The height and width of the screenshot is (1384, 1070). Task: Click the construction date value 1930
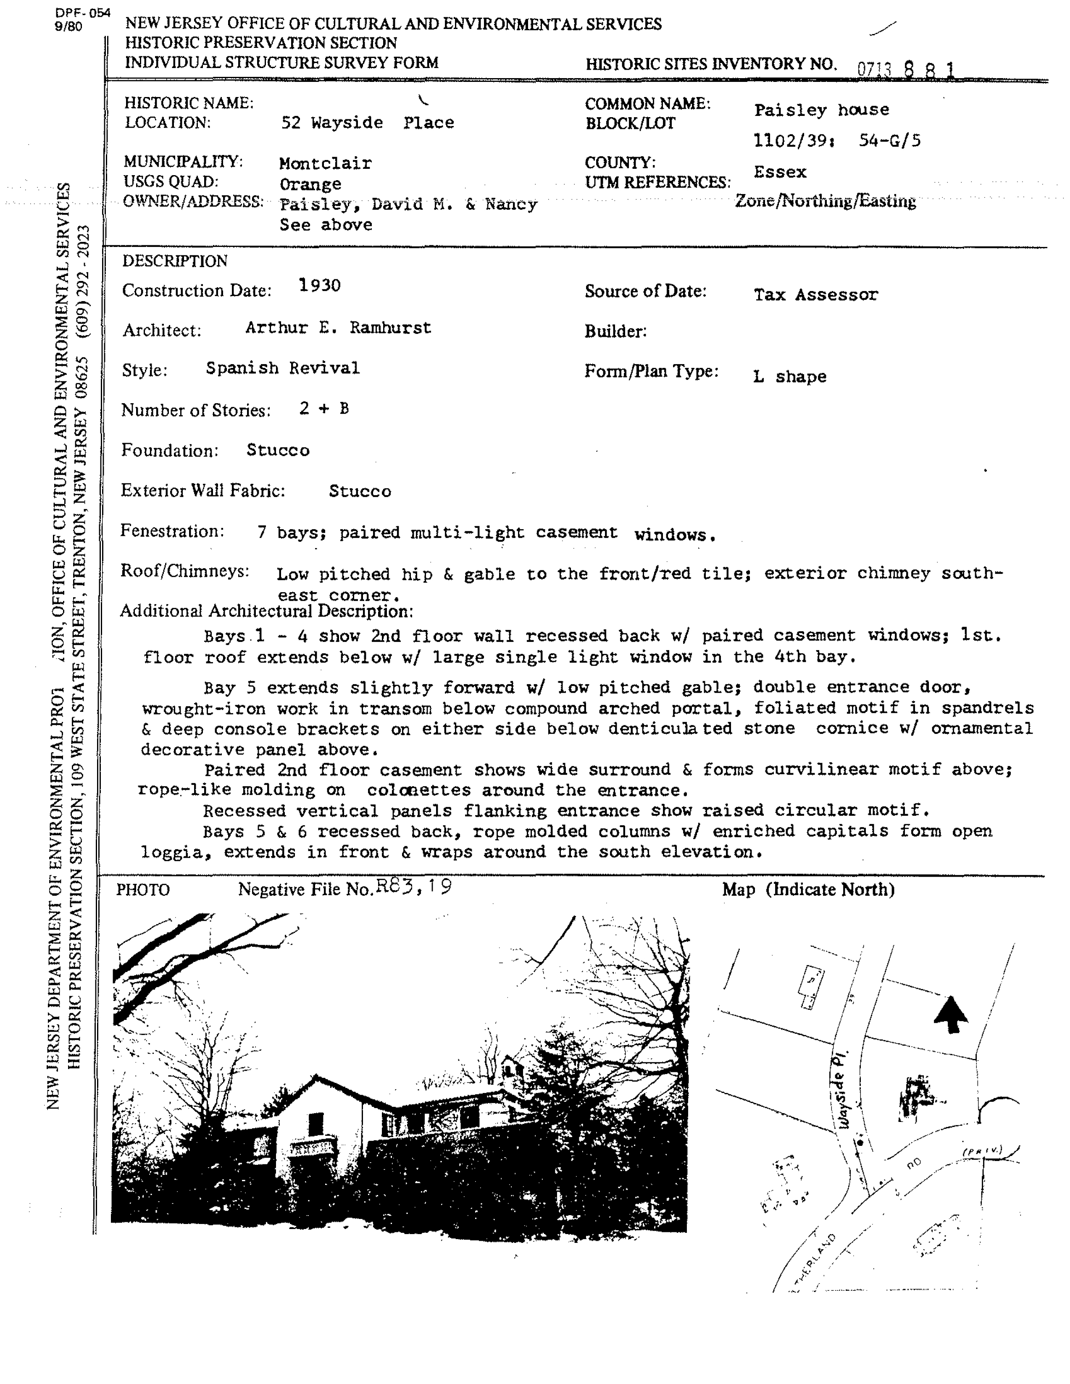pyautogui.click(x=319, y=285)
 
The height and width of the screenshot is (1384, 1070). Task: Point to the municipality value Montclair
pyautogui.click(x=325, y=163)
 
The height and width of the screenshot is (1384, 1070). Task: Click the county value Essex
pyautogui.click(x=780, y=172)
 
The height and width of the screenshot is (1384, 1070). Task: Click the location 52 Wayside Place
pyautogui.click(x=367, y=123)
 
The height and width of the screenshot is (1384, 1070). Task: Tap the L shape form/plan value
pyautogui.click(x=789, y=376)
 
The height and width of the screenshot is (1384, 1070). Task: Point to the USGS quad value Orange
pyautogui.click(x=310, y=184)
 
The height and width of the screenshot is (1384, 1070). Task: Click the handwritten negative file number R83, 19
pyautogui.click(x=413, y=887)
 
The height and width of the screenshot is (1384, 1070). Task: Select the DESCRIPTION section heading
pyautogui.click(x=174, y=261)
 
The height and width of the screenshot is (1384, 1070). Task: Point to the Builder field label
pyautogui.click(x=615, y=331)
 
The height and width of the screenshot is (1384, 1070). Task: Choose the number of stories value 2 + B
pyautogui.click(x=324, y=409)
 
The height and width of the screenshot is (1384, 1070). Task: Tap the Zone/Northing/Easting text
pyautogui.click(x=826, y=202)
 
